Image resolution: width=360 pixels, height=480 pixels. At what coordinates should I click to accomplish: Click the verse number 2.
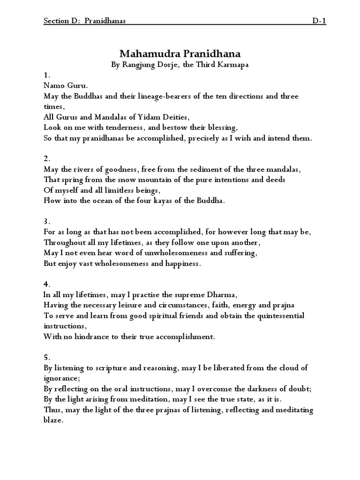[x=46, y=158]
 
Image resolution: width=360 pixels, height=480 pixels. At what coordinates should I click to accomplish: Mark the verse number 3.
[x=46, y=221]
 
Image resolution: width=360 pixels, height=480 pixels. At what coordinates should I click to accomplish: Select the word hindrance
[x=90, y=337]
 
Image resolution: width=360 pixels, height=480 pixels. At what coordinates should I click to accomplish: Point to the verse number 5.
[x=46, y=357]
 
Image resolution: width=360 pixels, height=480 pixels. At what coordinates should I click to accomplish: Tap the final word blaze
[x=52, y=420]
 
